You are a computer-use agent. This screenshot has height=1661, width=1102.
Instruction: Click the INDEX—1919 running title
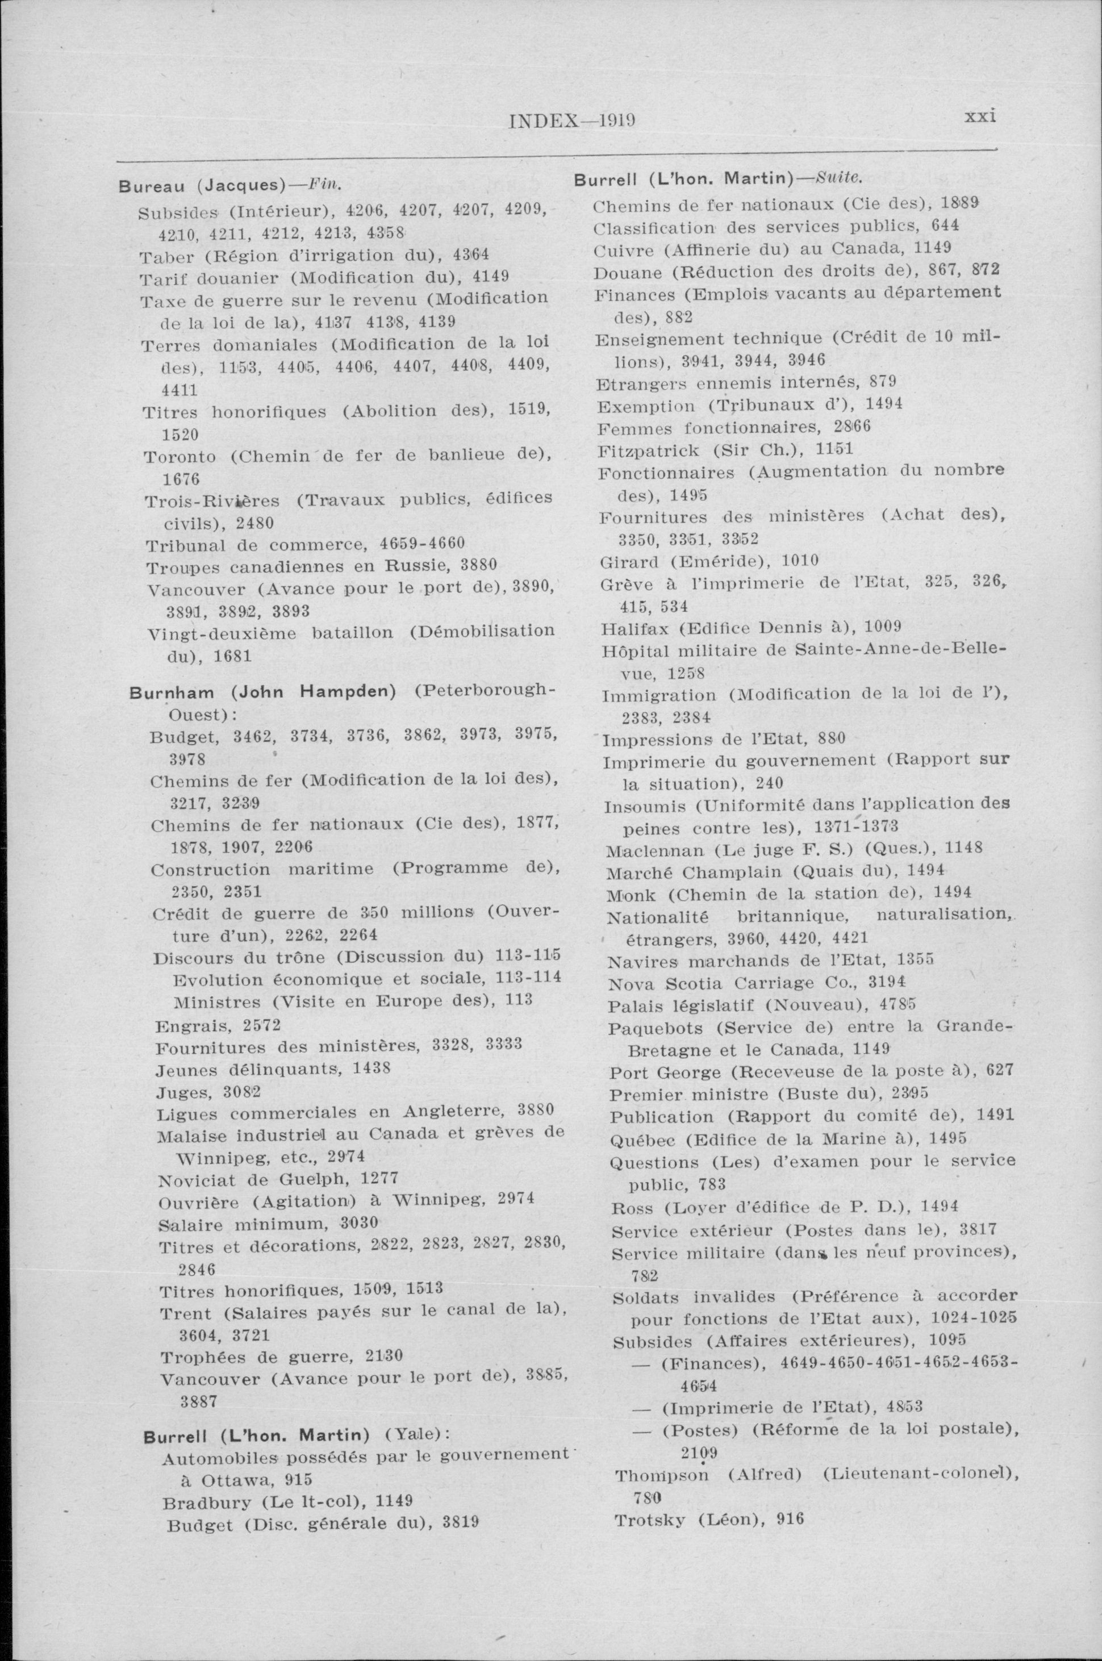(571, 121)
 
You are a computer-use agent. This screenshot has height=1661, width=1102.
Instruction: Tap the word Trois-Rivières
(211, 501)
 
